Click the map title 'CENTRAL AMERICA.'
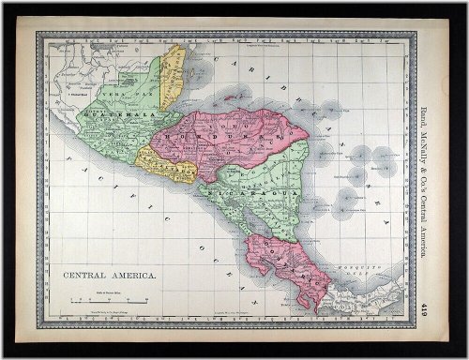[111, 278]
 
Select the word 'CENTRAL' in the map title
[85, 278]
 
